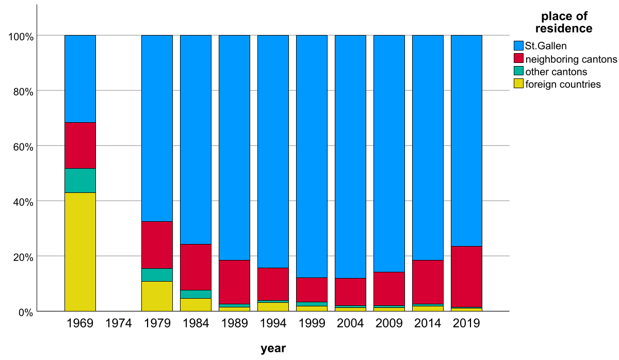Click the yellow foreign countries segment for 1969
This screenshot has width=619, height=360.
coord(80,252)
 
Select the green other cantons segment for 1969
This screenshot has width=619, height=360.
coord(80,181)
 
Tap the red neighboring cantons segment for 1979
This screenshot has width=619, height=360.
coord(157,245)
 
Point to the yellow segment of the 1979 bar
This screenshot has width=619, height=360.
coord(157,296)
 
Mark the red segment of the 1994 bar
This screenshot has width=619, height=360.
coord(273,284)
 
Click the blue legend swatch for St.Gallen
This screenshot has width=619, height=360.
coord(518,46)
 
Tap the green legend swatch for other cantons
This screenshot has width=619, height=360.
coord(518,72)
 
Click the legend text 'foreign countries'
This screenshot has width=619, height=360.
coord(563,85)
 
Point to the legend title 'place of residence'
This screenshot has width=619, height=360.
coord(564,22)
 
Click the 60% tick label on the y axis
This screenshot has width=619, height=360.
coord(22,146)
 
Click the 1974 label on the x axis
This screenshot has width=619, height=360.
coord(119,324)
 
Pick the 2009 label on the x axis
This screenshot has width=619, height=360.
coord(389,324)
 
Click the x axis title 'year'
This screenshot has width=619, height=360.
coord(273,349)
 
